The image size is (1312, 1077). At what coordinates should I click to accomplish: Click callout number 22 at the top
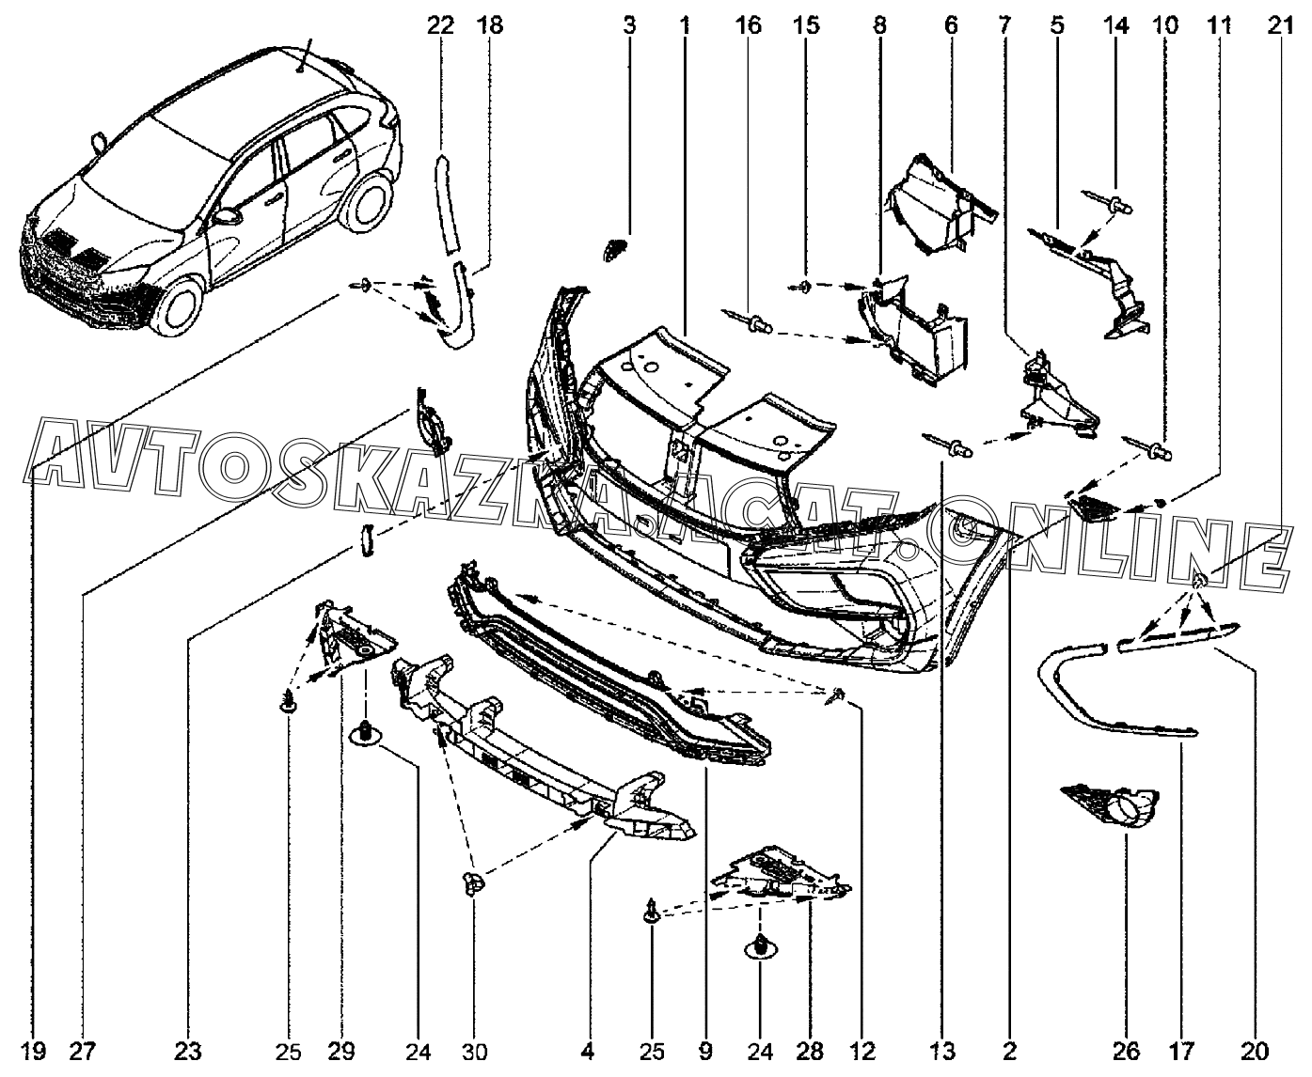coord(440,25)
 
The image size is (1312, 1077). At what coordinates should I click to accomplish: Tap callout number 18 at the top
coord(490,25)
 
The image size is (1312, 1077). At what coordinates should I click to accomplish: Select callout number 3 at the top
coord(629,25)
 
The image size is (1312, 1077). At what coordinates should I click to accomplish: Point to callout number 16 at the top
coord(749,25)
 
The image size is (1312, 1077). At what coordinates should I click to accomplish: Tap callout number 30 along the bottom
coord(473,1050)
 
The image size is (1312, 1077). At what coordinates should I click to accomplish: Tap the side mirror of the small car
coord(226,215)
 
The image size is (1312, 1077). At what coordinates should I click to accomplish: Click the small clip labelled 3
coord(614,251)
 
